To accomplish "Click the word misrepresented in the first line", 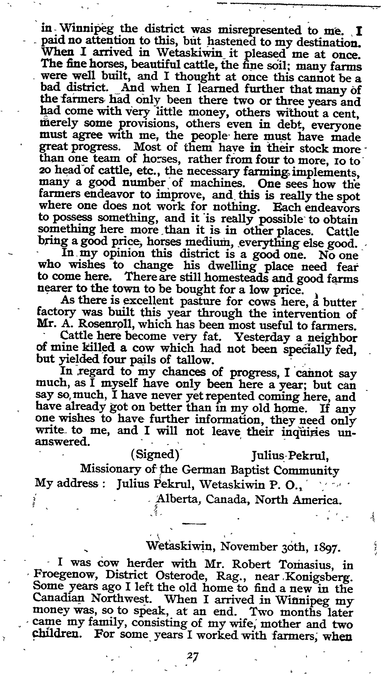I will pos(260,30).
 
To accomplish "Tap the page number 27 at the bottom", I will pos(192,657).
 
